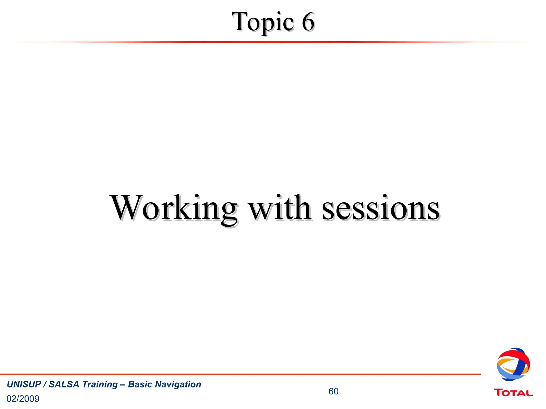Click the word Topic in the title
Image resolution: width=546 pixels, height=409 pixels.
[x=263, y=22]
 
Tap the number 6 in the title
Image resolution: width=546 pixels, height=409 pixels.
[x=308, y=22]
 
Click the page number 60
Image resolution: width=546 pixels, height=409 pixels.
[x=333, y=391]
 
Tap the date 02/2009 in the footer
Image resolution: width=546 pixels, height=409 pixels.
[x=23, y=399]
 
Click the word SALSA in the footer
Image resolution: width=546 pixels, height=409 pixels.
[x=64, y=384]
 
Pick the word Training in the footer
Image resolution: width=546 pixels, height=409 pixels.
[x=100, y=385]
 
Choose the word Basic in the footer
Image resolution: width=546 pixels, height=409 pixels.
[x=139, y=384]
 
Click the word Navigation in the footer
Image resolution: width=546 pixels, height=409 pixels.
[x=178, y=385]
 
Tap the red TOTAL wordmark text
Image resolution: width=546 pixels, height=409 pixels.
[x=513, y=393]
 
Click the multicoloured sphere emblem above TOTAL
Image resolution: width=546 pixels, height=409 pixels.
[x=513, y=364]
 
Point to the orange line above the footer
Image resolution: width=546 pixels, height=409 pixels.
[x=240, y=374]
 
